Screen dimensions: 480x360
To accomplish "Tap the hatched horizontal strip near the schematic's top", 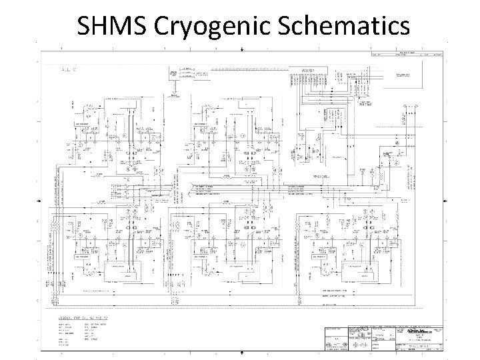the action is (243, 68).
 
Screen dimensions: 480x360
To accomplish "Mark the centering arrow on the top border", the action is (241, 49).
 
